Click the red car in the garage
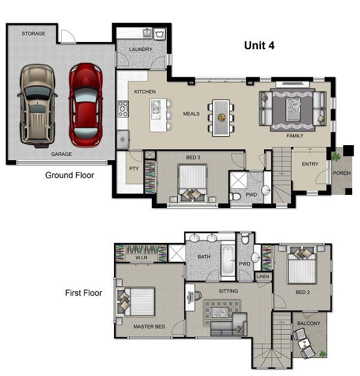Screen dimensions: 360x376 click(86, 105)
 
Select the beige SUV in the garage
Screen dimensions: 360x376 click(37, 106)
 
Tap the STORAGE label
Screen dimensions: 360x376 click(34, 34)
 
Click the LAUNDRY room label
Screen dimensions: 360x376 click(140, 49)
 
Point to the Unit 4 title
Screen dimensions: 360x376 click(259, 46)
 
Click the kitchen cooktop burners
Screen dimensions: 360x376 click(123, 109)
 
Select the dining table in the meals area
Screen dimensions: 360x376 click(221, 118)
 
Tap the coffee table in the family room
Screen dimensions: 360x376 click(293, 109)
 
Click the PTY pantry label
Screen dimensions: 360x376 click(134, 169)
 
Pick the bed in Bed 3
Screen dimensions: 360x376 click(192, 183)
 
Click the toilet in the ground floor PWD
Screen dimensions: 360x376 click(235, 197)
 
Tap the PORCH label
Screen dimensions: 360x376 click(342, 173)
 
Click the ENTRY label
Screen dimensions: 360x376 click(310, 164)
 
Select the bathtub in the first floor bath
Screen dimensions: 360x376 click(228, 260)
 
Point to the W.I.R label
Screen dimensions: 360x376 click(142, 257)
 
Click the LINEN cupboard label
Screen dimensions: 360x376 click(263, 276)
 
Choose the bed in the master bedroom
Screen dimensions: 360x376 click(136, 302)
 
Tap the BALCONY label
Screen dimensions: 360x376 click(308, 323)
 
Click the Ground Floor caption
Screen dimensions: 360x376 click(70, 175)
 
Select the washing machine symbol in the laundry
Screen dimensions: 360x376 click(159, 34)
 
